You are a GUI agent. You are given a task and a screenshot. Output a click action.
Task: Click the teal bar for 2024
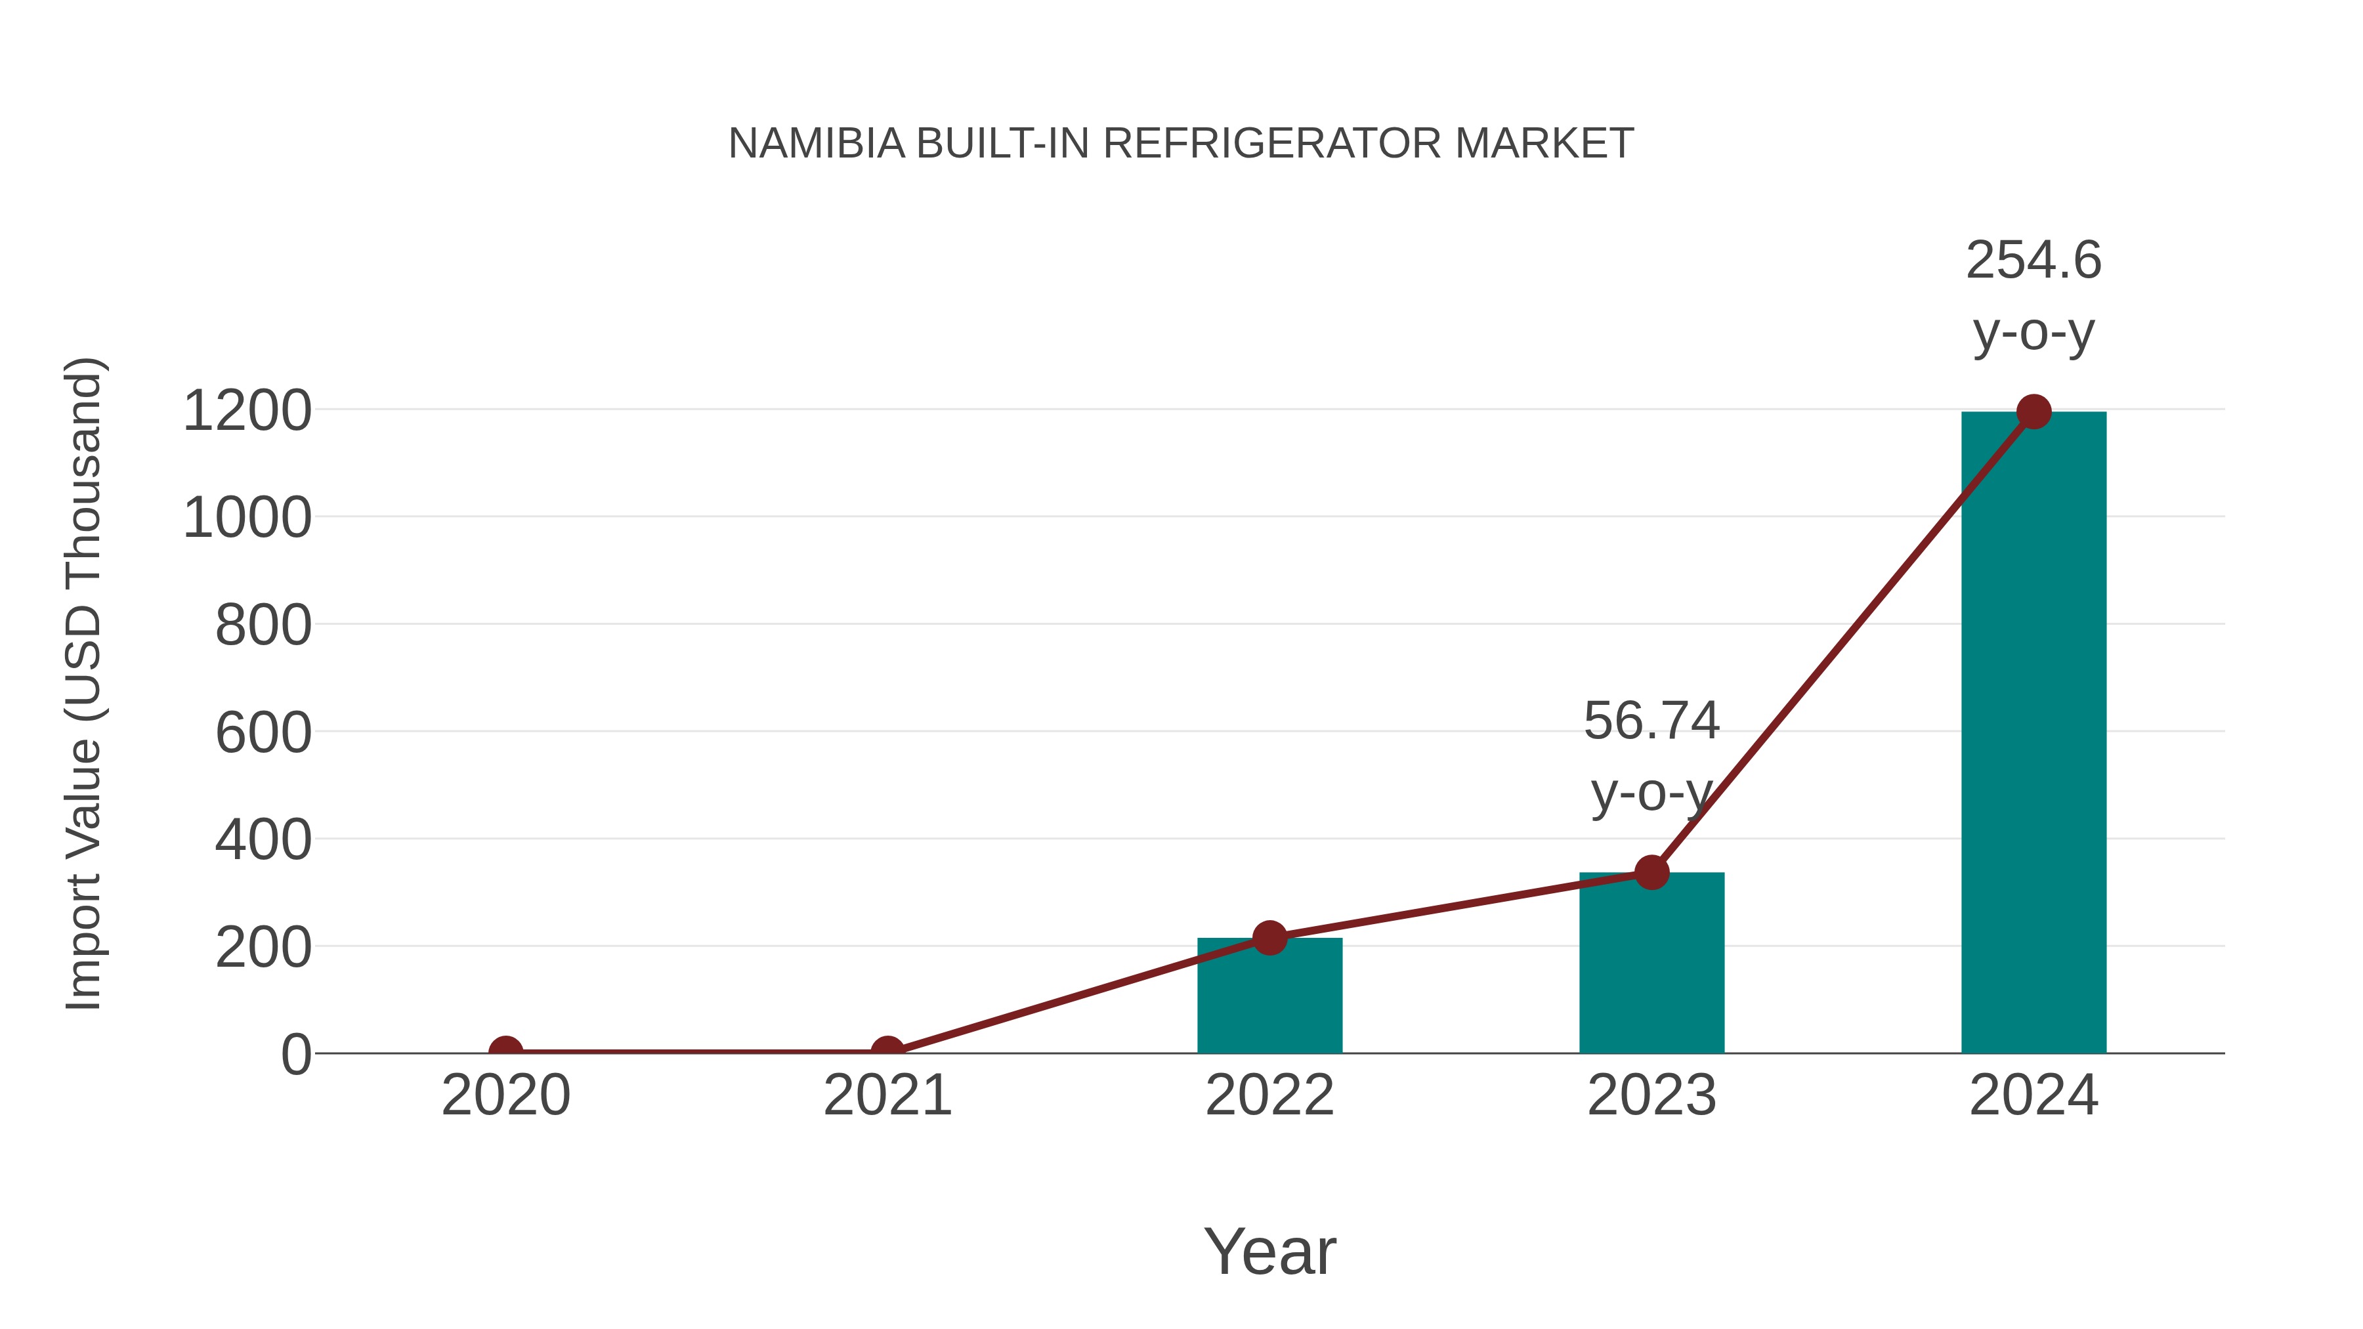click(x=2033, y=734)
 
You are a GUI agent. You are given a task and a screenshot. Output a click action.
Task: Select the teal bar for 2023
click(x=1651, y=963)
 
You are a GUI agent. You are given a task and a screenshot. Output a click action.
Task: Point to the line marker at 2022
click(x=1269, y=937)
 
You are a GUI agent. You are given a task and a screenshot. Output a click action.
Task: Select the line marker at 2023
click(x=1651, y=872)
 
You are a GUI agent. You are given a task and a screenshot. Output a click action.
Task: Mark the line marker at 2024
click(x=2033, y=411)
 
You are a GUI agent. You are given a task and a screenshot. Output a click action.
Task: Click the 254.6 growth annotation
click(x=2033, y=295)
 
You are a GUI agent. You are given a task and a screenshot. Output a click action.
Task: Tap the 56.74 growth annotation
click(x=1651, y=756)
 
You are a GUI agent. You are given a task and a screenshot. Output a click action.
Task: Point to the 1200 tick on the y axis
click(x=247, y=411)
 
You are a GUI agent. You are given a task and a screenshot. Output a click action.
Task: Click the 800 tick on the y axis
click(x=263, y=627)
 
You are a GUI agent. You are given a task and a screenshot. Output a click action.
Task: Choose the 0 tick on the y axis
click(x=295, y=1055)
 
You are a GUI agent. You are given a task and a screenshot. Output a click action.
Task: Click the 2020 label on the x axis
click(x=505, y=1095)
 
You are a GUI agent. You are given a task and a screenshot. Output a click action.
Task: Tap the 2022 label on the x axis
click(x=1269, y=1095)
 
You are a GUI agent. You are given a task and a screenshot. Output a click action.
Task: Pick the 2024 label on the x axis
click(x=2033, y=1095)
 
